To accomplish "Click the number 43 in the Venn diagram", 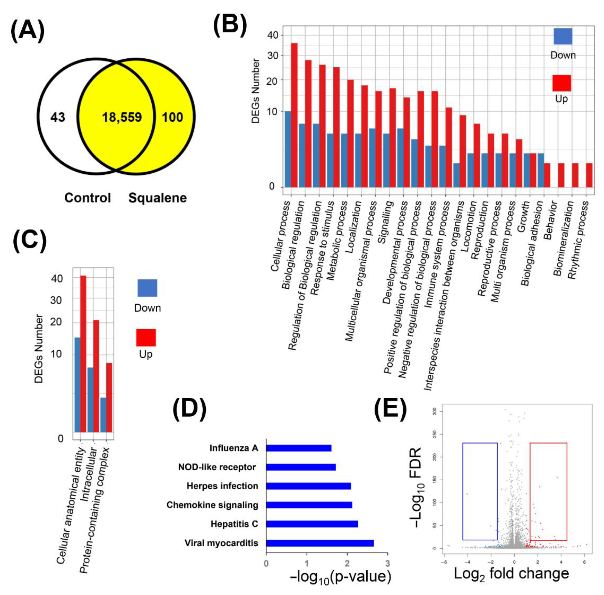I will coord(58,118).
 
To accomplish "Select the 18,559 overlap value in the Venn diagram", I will coord(122,118).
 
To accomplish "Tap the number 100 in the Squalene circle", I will coord(172,118).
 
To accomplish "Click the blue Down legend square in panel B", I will coord(563,36).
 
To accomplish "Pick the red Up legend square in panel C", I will coord(146,338).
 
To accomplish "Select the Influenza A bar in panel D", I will coord(298,448).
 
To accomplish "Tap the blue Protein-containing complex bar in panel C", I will coord(103,415).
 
